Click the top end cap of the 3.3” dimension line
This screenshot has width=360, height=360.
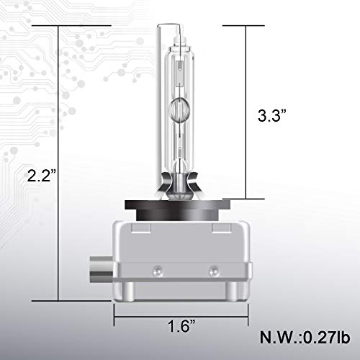(x=245, y=26)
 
